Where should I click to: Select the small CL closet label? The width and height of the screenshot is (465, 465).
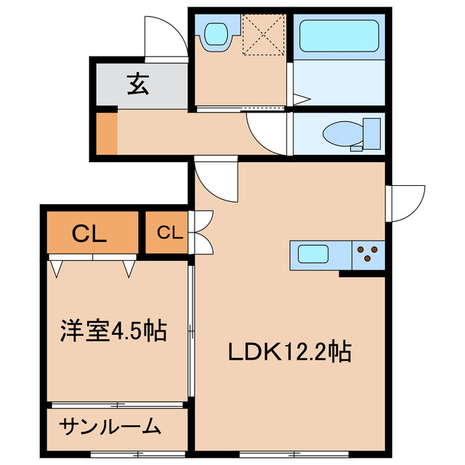pyautogui.click(x=168, y=232)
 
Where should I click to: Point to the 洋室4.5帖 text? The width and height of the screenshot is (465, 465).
pyautogui.click(x=113, y=332)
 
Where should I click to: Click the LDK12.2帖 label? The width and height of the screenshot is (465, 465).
pyautogui.click(x=291, y=352)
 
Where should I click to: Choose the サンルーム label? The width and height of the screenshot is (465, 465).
pyautogui.click(x=110, y=427)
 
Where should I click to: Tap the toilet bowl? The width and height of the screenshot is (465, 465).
pyautogui.click(x=341, y=135)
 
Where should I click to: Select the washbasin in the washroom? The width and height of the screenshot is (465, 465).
pyautogui.click(x=217, y=34)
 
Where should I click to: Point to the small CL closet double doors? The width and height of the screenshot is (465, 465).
pyautogui.click(x=201, y=232)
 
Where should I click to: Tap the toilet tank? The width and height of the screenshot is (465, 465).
pyautogui.click(x=372, y=133)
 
